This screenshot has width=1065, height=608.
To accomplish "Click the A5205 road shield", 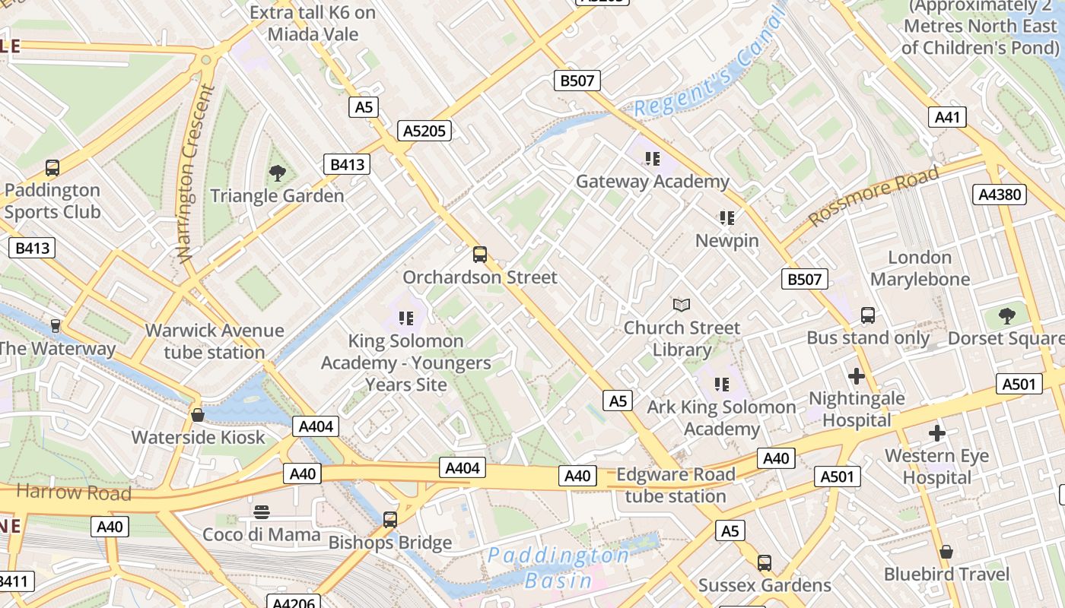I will click(424, 131).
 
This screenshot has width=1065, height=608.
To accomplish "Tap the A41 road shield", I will click(947, 117).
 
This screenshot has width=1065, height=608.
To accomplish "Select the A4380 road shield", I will click(1000, 195).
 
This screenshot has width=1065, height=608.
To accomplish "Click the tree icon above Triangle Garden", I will click(278, 173).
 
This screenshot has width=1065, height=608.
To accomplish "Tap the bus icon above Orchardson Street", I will click(479, 255).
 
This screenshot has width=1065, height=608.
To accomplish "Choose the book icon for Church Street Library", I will click(682, 306).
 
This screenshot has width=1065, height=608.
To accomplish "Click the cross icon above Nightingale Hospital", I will click(857, 375).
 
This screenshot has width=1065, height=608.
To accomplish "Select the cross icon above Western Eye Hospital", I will click(937, 433).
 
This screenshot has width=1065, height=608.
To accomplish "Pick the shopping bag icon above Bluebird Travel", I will click(946, 552).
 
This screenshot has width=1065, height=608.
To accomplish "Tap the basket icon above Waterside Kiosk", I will click(198, 415).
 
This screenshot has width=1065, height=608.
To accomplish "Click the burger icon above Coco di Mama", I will click(262, 511).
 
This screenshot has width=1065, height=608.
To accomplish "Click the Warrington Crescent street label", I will click(196, 173).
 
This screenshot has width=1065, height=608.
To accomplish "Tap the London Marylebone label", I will click(920, 268).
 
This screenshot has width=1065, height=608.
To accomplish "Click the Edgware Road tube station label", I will click(676, 486).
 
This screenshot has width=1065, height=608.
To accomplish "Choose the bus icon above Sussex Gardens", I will click(765, 563).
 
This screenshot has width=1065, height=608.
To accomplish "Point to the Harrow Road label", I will click(74, 492).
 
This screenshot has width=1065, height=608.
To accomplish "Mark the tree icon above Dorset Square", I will click(1007, 315).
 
